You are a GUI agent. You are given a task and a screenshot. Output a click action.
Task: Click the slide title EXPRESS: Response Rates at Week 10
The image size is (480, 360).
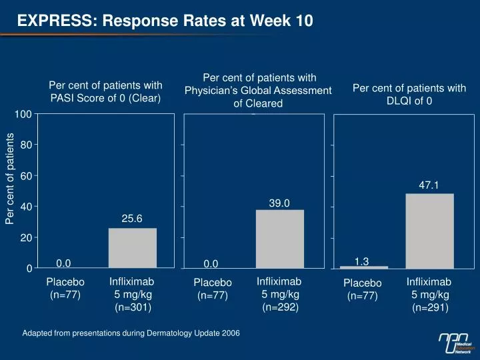click(165, 21)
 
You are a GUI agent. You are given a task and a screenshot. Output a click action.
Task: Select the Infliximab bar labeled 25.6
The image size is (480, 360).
click(133, 248)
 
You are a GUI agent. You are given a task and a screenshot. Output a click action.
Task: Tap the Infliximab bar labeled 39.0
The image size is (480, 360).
click(280, 239)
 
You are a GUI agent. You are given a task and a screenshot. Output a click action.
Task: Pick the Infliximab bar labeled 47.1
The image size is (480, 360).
click(429, 231)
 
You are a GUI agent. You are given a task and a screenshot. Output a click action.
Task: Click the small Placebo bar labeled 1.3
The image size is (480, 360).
click(364, 267)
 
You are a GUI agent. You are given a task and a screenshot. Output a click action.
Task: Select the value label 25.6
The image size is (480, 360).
click(132, 218)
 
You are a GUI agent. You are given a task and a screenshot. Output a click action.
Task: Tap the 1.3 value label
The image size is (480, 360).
click(362, 261)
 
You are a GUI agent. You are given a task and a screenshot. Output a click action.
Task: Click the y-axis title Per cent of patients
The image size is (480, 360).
click(11, 179)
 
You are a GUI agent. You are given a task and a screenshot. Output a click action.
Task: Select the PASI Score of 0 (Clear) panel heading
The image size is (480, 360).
click(105, 91)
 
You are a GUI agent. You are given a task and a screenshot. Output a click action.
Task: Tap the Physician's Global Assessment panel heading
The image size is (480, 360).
click(258, 91)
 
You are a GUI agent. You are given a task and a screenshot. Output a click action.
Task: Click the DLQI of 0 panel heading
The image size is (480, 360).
click(409, 94)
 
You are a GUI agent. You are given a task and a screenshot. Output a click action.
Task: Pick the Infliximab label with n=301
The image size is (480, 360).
click(132, 294)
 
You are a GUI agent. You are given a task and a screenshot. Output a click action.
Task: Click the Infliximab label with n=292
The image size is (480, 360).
click(280, 294)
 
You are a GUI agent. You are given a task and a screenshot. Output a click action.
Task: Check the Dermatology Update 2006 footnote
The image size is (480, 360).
click(131, 333)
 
